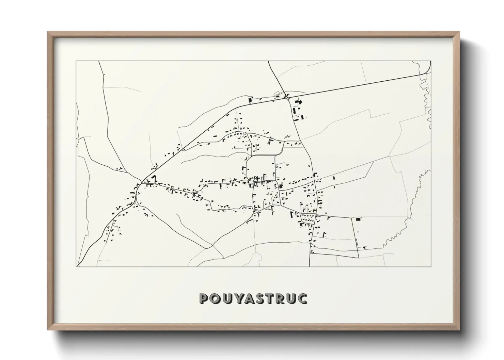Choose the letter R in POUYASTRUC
click(x=281, y=298)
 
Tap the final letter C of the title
click(x=303, y=298)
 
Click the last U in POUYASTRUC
click(x=292, y=298)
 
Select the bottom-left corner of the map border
click(x=76, y=266)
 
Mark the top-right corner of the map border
click(x=431, y=61)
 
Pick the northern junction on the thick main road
click(x=288, y=98)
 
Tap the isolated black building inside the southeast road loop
click(x=358, y=220)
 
